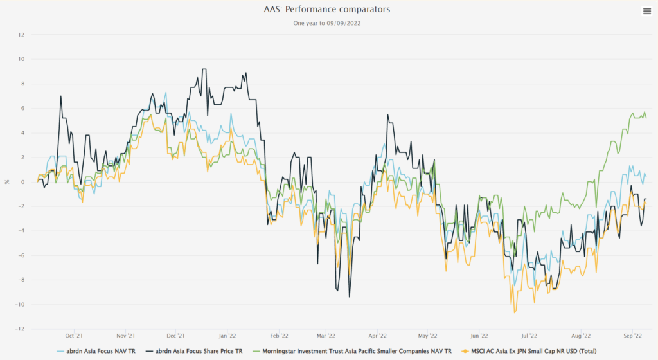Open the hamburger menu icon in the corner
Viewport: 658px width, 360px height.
click(646, 10)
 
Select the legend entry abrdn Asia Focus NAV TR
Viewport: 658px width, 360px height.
click(97, 352)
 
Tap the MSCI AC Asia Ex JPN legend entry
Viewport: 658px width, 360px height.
click(533, 352)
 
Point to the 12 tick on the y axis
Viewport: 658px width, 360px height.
click(21, 35)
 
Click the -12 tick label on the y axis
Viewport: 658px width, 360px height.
click(20, 329)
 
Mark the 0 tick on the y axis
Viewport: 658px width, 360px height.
click(22, 182)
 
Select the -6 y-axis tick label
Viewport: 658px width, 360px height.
click(21, 255)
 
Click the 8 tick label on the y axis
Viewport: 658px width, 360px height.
click(22, 84)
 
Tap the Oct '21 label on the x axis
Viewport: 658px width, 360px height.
click(74, 336)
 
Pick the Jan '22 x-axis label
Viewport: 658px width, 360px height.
click(227, 336)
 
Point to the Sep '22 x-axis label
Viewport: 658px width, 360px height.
click(634, 336)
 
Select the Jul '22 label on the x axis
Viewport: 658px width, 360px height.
click(529, 336)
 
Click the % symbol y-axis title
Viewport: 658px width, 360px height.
click(7, 182)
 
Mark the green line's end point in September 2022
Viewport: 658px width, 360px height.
click(646, 118)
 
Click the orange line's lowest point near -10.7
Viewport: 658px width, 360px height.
click(515, 312)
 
